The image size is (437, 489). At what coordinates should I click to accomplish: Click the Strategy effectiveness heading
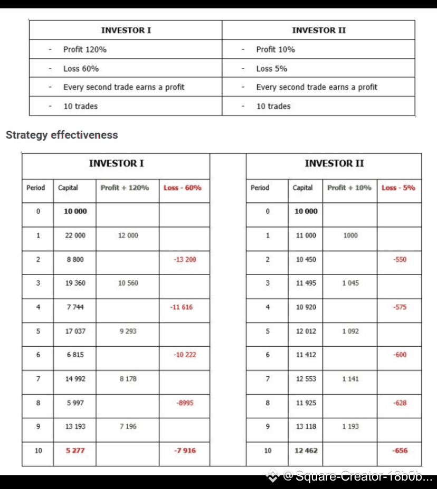62,135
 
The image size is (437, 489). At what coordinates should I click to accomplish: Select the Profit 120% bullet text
84,50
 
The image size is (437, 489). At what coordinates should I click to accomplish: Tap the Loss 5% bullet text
271,69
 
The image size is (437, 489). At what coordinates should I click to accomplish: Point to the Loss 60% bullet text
81,69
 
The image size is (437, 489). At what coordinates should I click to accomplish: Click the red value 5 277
75,451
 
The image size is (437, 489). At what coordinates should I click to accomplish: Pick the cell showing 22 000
75,236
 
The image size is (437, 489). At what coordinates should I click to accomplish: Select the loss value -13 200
185,259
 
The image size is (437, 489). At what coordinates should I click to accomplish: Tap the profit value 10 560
128,283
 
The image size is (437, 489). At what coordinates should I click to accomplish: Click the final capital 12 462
306,451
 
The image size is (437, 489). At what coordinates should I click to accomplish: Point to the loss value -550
400,259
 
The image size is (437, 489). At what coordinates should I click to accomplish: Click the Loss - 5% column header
398,188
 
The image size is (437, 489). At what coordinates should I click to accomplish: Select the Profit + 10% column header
349,188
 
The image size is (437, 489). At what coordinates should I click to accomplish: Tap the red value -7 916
185,451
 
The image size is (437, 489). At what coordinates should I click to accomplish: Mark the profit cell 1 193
350,426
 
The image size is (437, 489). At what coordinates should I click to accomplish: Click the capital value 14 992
75,379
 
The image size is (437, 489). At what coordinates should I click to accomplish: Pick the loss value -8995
185,403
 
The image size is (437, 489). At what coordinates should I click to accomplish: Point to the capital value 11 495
306,283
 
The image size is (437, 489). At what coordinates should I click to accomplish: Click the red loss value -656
400,451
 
